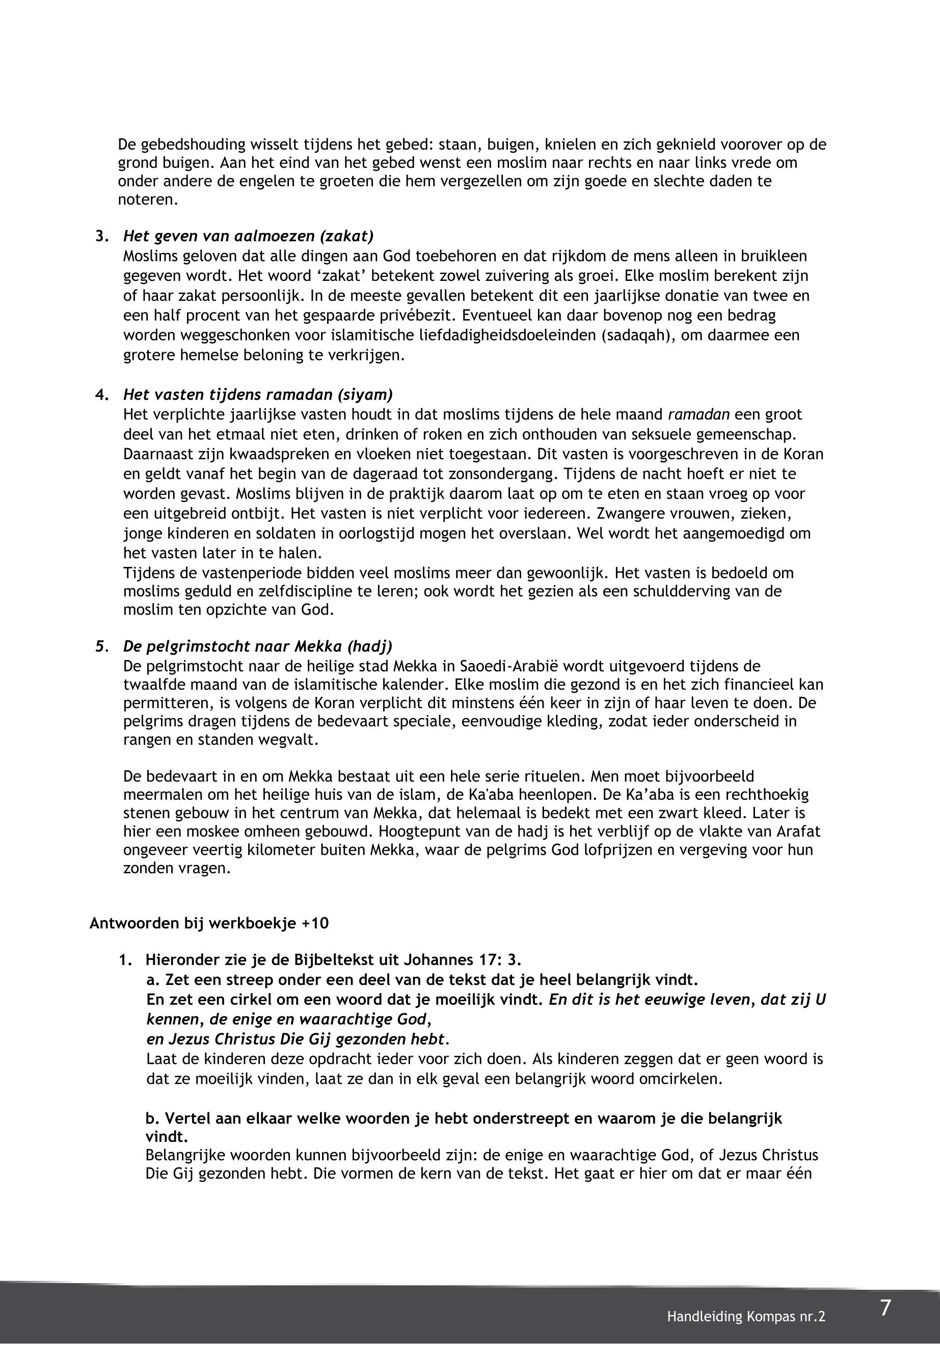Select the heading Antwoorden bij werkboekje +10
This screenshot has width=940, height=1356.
209,923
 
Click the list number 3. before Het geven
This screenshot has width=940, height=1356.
102,237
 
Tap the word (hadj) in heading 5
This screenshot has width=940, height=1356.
369,646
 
